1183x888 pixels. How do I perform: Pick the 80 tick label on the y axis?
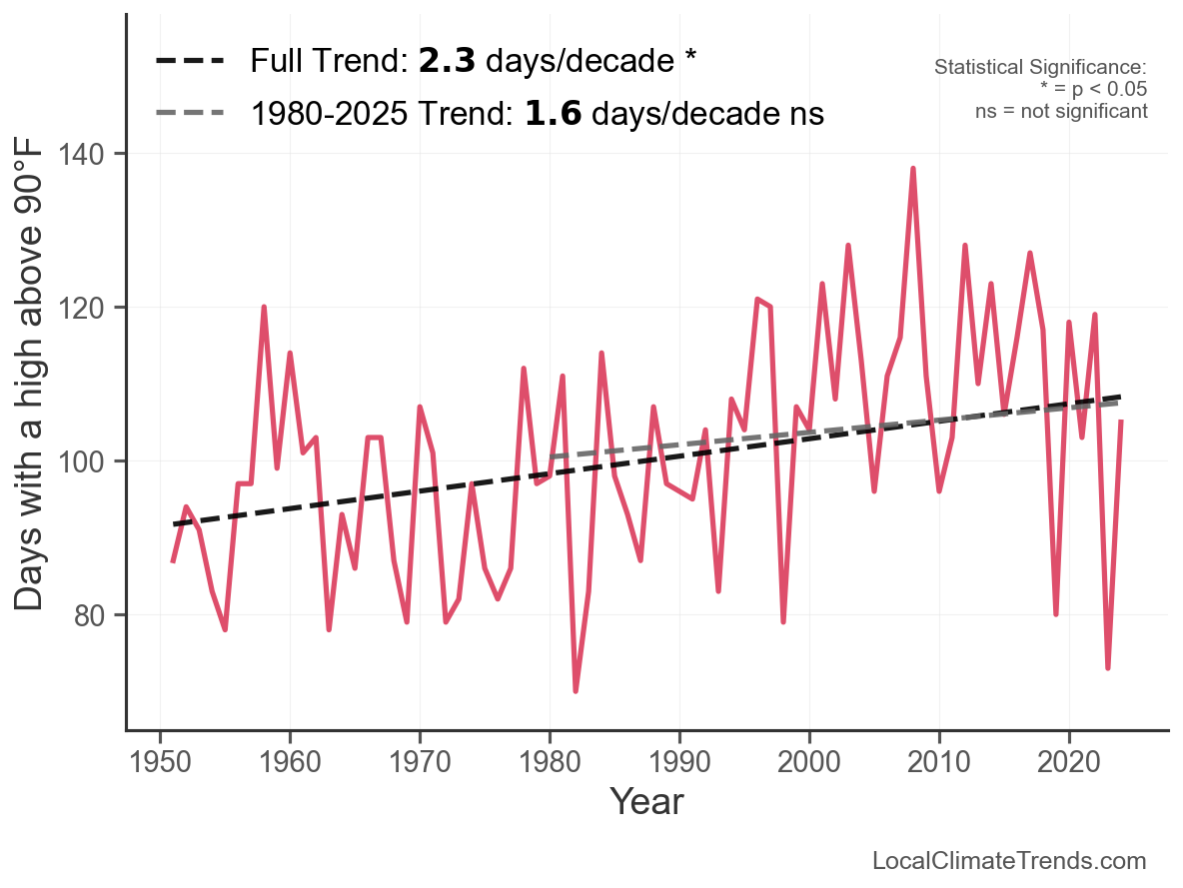click(x=99, y=615)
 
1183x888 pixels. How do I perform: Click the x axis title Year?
click(x=646, y=801)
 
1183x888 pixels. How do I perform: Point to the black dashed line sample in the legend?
click(x=190, y=61)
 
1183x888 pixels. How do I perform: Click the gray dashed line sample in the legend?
click(x=190, y=114)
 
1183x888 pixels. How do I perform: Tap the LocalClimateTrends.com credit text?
click(x=1009, y=861)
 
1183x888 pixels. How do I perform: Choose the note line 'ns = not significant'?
click(x=1061, y=111)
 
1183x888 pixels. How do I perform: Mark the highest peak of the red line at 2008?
click(x=913, y=169)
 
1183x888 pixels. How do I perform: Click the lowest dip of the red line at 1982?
click(x=576, y=690)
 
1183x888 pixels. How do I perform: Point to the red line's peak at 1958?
click(x=264, y=308)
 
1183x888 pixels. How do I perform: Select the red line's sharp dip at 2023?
click(x=1108, y=667)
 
